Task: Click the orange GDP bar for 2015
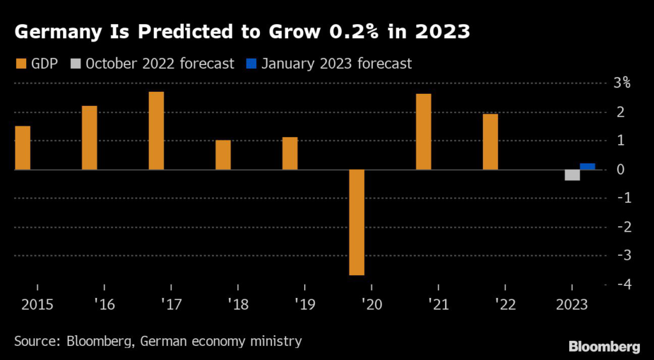22,148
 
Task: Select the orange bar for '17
156,131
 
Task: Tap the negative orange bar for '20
356,222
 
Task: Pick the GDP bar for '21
423,131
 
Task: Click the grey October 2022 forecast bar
572,175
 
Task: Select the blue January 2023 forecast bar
588,167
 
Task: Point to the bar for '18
223,155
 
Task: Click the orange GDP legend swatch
19,63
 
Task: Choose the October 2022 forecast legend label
160,63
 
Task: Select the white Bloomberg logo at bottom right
604,347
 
